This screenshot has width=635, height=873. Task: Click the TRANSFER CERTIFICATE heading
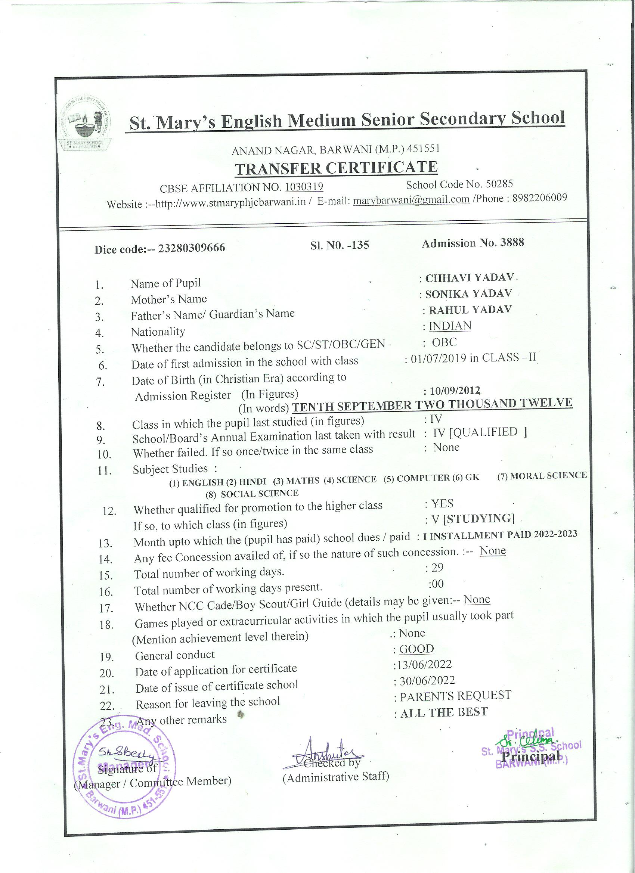pos(336,168)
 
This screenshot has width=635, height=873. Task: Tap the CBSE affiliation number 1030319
pos(304,187)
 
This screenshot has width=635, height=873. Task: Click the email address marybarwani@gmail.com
pos(411,200)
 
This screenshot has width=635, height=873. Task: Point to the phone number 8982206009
pos(539,198)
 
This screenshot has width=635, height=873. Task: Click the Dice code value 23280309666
pos(192,248)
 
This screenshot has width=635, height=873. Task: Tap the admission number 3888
pos(512,242)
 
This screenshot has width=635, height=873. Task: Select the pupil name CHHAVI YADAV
pos(470,277)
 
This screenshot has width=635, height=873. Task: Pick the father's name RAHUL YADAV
pos(470,310)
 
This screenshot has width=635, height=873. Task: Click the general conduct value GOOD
pos(416,649)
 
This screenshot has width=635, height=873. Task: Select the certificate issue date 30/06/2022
pos(427,681)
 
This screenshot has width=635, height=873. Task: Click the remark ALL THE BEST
pos(444,712)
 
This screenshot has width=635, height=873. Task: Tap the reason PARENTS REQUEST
pos(455,696)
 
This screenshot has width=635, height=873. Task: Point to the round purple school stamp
pos(125,764)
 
